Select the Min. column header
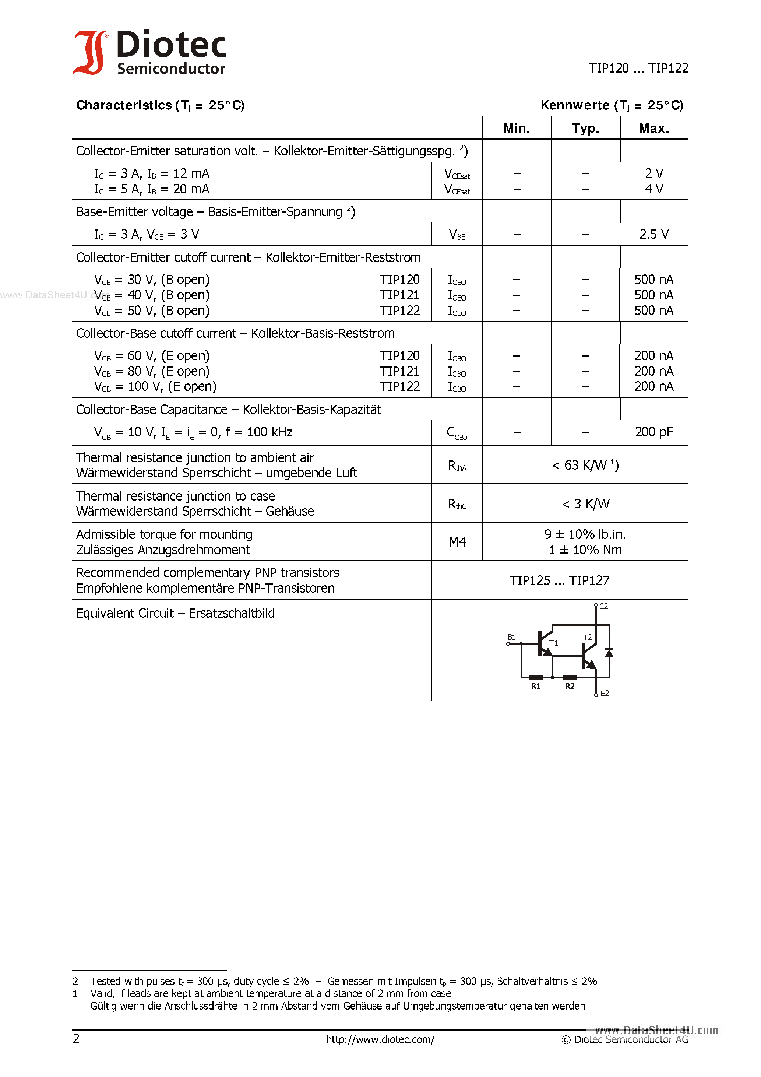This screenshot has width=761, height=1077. (516, 128)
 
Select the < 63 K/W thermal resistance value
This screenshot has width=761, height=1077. (585, 465)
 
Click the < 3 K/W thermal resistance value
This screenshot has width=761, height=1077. (585, 504)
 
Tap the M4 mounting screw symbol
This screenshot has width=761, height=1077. (457, 542)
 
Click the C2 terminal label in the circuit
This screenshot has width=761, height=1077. (603, 607)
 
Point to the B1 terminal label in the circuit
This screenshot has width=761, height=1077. (511, 637)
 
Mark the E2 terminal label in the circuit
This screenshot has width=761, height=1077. (605, 693)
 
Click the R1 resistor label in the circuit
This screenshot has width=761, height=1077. (535, 686)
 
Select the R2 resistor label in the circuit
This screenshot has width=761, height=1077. (570, 686)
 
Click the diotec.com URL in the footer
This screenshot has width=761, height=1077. (380, 1039)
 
